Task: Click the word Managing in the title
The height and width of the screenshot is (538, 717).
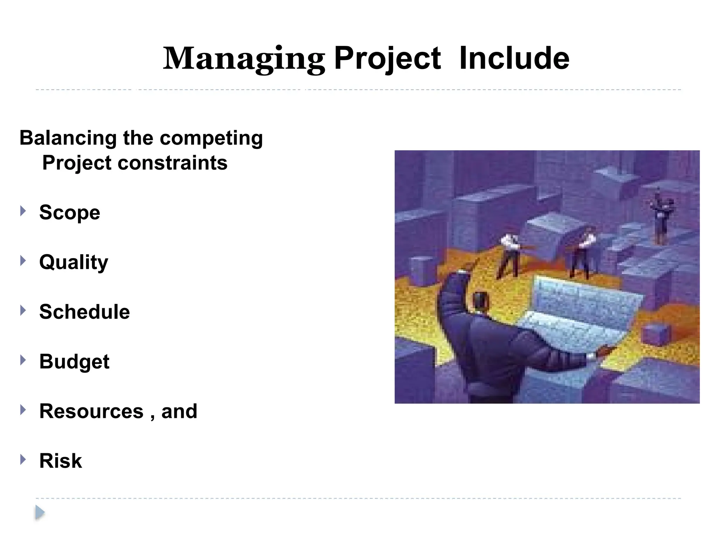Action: coord(244,59)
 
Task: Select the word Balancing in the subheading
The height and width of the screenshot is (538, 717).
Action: coord(68,138)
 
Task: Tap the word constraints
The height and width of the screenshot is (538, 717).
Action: coord(172,163)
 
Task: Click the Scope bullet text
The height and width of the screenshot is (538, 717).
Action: coord(70,213)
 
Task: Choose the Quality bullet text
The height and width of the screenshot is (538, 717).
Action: coord(74,262)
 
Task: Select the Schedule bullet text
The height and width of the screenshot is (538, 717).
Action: coord(84,312)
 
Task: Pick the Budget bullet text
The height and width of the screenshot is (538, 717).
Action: coord(74,361)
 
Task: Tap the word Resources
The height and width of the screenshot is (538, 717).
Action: coord(91,411)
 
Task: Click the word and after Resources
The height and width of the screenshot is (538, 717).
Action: coord(179,411)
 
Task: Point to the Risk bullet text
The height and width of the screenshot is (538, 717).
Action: coord(61,461)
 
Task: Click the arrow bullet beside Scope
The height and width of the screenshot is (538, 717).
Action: coord(23,211)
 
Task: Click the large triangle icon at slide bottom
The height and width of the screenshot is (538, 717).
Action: coord(40,513)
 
